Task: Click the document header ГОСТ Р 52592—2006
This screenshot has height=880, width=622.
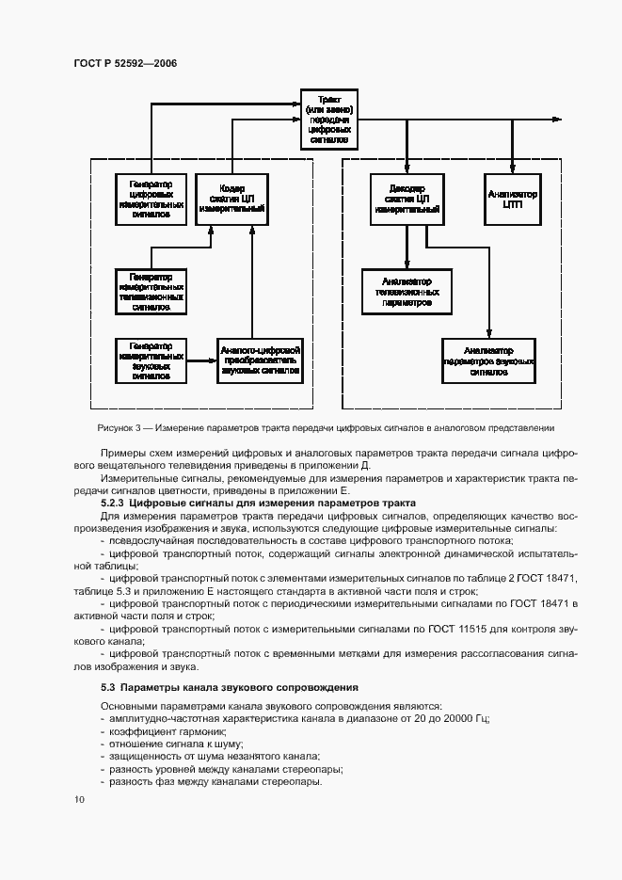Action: [x=125, y=63]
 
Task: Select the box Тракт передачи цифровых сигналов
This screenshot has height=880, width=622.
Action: [x=328, y=119]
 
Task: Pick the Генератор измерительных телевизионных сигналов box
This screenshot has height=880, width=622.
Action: [x=151, y=292]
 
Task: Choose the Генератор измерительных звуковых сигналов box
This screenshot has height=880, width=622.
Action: [x=151, y=360]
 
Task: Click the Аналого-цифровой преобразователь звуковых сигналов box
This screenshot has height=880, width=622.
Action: [x=259, y=360]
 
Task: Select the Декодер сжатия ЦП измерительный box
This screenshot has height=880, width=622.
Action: [x=407, y=200]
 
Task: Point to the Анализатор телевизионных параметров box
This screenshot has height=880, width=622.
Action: [x=407, y=292]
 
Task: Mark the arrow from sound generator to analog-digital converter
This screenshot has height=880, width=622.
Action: [x=200, y=360]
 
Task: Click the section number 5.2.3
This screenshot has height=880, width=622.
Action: [x=116, y=504]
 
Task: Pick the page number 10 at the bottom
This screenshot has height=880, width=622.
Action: [x=78, y=799]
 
